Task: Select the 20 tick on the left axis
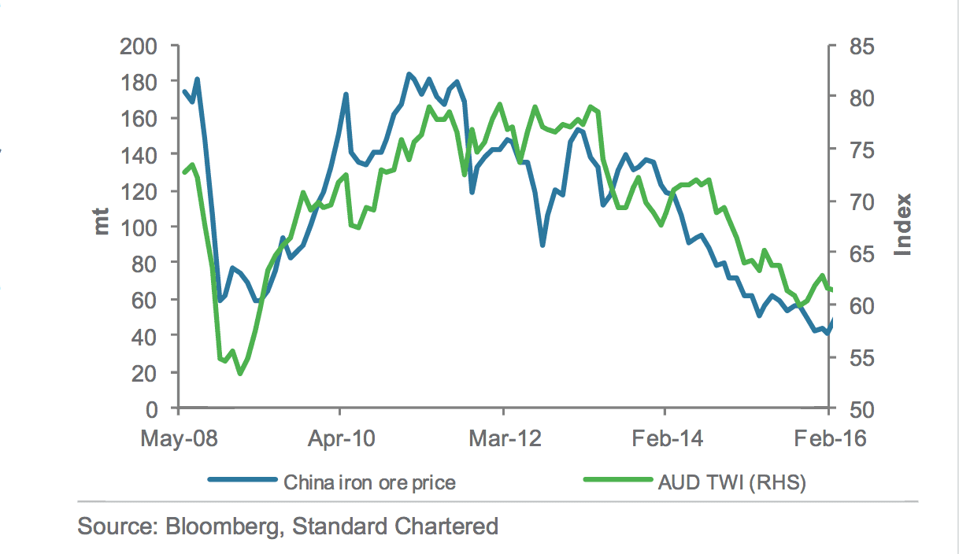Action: pos(146,372)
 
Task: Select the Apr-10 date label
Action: pos(340,437)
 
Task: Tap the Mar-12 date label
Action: pos(503,437)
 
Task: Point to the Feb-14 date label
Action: pos(666,437)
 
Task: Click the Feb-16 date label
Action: pos(829,437)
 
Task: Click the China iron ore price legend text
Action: pos(369,482)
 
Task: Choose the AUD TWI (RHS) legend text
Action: pos(731,482)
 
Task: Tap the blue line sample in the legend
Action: pos(242,481)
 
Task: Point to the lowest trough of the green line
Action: pos(240,373)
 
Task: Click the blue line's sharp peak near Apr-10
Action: pos(346,94)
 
